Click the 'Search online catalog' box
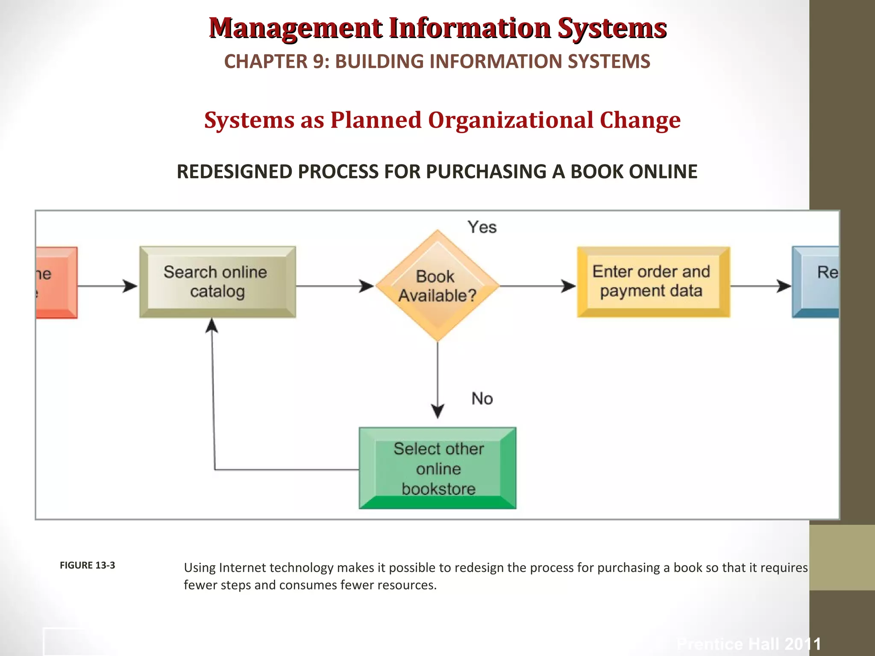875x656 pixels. tap(217, 282)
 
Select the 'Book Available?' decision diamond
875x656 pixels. tap(437, 286)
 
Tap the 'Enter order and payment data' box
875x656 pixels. tap(653, 282)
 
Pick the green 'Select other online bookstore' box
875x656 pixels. tap(437, 468)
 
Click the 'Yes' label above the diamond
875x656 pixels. tap(482, 227)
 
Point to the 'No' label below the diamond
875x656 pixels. tap(482, 398)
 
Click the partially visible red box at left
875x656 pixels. tap(56, 282)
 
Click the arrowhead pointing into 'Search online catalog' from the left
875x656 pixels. tap(130, 286)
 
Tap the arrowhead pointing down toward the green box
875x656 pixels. tap(437, 411)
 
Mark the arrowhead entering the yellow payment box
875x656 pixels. tap(569, 286)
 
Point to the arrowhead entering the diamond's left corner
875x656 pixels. tap(367, 286)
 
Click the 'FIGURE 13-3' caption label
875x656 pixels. tap(87, 565)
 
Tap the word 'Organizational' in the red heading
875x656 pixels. tap(510, 120)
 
